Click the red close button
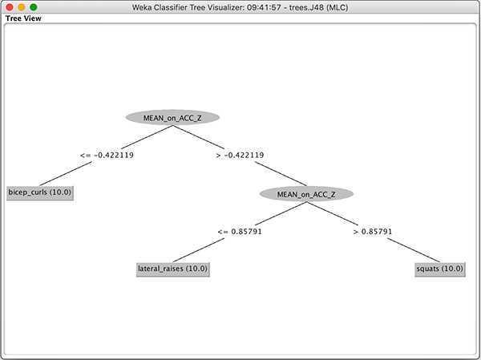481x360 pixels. click(x=10, y=7)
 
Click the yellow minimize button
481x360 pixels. click(x=22, y=7)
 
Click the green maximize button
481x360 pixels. click(x=34, y=7)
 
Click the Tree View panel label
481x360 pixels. click(x=23, y=18)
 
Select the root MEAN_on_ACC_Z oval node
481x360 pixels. click(x=172, y=118)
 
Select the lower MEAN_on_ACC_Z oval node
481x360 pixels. click(x=306, y=194)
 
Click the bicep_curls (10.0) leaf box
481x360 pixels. click(x=40, y=192)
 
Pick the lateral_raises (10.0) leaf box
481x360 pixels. click(x=173, y=269)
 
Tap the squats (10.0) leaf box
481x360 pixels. click(x=440, y=269)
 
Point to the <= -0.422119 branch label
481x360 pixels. click(x=107, y=156)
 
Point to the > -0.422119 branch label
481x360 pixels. click(x=240, y=156)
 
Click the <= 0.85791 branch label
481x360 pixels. click(x=240, y=232)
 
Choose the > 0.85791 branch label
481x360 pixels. click(x=373, y=232)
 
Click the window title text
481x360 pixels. click(x=240, y=7)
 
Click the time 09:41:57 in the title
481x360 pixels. click(x=264, y=7)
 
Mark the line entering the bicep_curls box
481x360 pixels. click(x=66, y=174)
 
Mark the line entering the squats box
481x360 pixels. click(x=414, y=250)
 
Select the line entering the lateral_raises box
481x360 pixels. click(x=199, y=250)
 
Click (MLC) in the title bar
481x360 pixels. click(x=337, y=7)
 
